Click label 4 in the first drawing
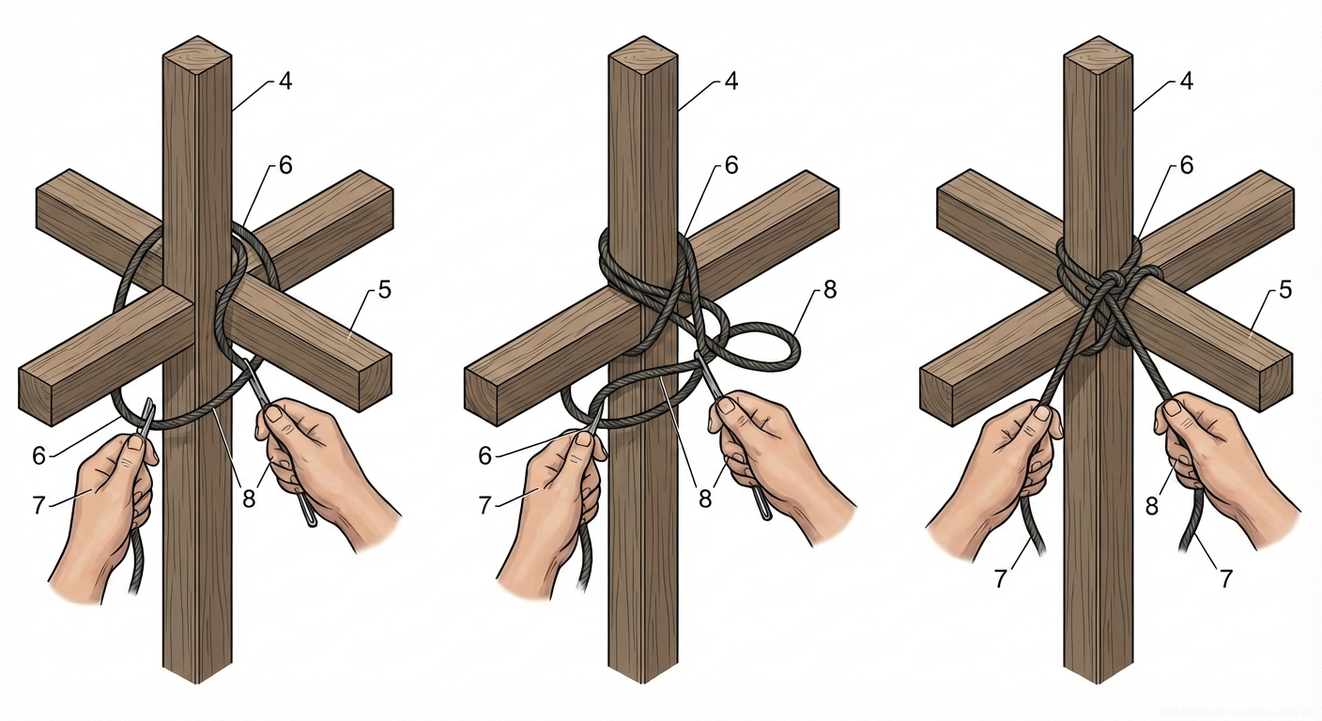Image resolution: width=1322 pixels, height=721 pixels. coord(285,82)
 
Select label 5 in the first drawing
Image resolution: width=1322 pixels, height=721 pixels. coord(384,290)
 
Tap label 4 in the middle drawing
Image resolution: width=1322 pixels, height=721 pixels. coord(730,82)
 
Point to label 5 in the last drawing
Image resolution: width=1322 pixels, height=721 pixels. coord(1284,290)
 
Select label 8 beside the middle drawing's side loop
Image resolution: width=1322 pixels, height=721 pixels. coord(829,290)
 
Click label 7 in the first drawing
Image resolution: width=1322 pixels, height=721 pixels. coord(38,505)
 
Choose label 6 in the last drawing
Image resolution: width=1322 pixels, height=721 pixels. coord(1186,166)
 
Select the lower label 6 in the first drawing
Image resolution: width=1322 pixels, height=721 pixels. coord(38,456)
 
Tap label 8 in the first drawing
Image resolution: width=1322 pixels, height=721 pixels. coord(249,499)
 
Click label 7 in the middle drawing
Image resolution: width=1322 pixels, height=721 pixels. coord(484,505)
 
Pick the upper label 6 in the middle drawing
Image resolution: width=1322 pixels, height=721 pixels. coord(730,166)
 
